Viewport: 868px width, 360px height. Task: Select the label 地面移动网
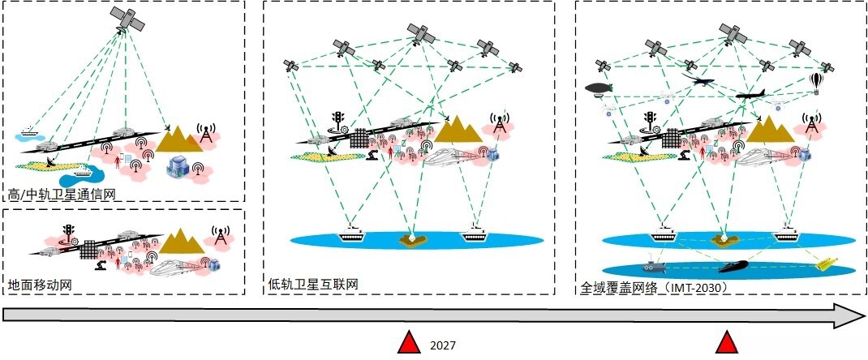41,286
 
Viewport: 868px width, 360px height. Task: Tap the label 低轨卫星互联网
313,285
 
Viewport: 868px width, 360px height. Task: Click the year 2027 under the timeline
442,345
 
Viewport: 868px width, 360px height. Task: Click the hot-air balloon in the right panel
817,81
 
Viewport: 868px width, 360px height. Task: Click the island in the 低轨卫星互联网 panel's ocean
411,239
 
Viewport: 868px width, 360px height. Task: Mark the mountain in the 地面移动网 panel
178,242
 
